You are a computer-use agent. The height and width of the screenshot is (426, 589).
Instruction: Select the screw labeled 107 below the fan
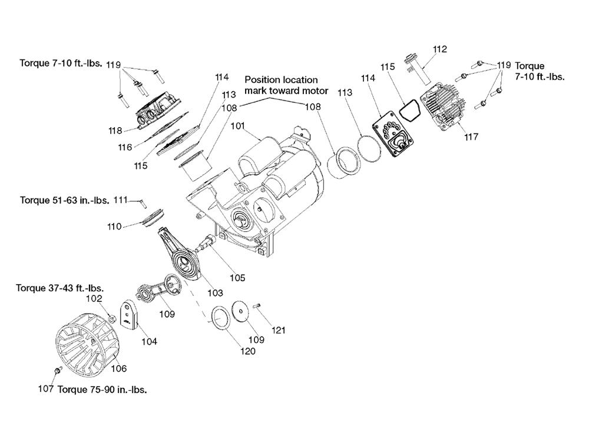point(57,371)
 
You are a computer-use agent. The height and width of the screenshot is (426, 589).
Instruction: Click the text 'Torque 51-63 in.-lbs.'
point(65,200)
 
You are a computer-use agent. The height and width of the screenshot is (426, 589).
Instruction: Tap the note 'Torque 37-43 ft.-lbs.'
point(60,288)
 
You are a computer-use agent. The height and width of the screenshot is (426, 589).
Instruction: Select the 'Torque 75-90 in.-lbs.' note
point(102,390)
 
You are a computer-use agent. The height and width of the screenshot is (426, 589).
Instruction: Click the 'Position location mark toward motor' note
point(282,85)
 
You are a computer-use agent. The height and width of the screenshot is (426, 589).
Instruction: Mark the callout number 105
point(237,278)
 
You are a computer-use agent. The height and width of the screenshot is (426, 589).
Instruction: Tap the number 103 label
point(216,292)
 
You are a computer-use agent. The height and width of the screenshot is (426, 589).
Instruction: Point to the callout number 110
point(114,227)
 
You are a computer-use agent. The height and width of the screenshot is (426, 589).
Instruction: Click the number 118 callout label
point(114,131)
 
